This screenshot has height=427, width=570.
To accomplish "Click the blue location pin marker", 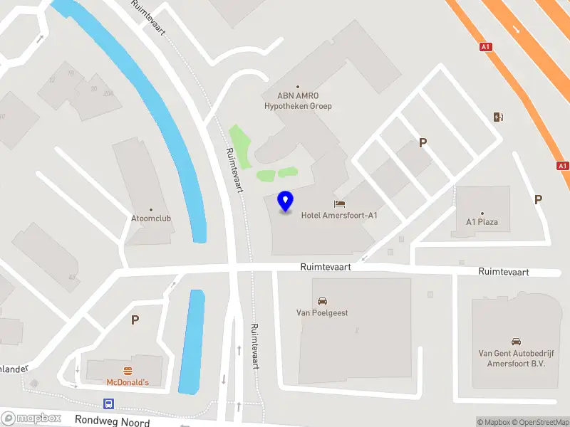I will (286, 201).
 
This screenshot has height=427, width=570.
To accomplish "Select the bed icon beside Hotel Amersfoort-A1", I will (339, 204).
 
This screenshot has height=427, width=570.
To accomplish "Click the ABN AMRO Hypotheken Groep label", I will (298, 100).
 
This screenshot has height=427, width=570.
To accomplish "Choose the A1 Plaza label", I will (482, 222).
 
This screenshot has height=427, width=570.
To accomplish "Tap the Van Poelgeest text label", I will (322, 312).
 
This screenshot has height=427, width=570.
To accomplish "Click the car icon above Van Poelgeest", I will (322, 301).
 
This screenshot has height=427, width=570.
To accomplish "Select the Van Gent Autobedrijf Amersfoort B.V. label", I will (515, 357).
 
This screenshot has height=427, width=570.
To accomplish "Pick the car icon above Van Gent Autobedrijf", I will (516, 342).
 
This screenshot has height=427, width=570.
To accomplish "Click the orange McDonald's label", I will (128, 383).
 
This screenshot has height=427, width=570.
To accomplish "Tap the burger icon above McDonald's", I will (128, 370).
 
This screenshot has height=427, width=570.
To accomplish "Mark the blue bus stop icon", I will (109, 404).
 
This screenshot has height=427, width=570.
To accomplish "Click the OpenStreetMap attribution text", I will (538, 422).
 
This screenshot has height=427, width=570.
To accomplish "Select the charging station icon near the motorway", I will (498, 117).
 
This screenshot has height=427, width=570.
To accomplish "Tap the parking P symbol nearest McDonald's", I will (135, 320).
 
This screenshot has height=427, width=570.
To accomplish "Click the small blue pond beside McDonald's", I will (191, 342).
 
